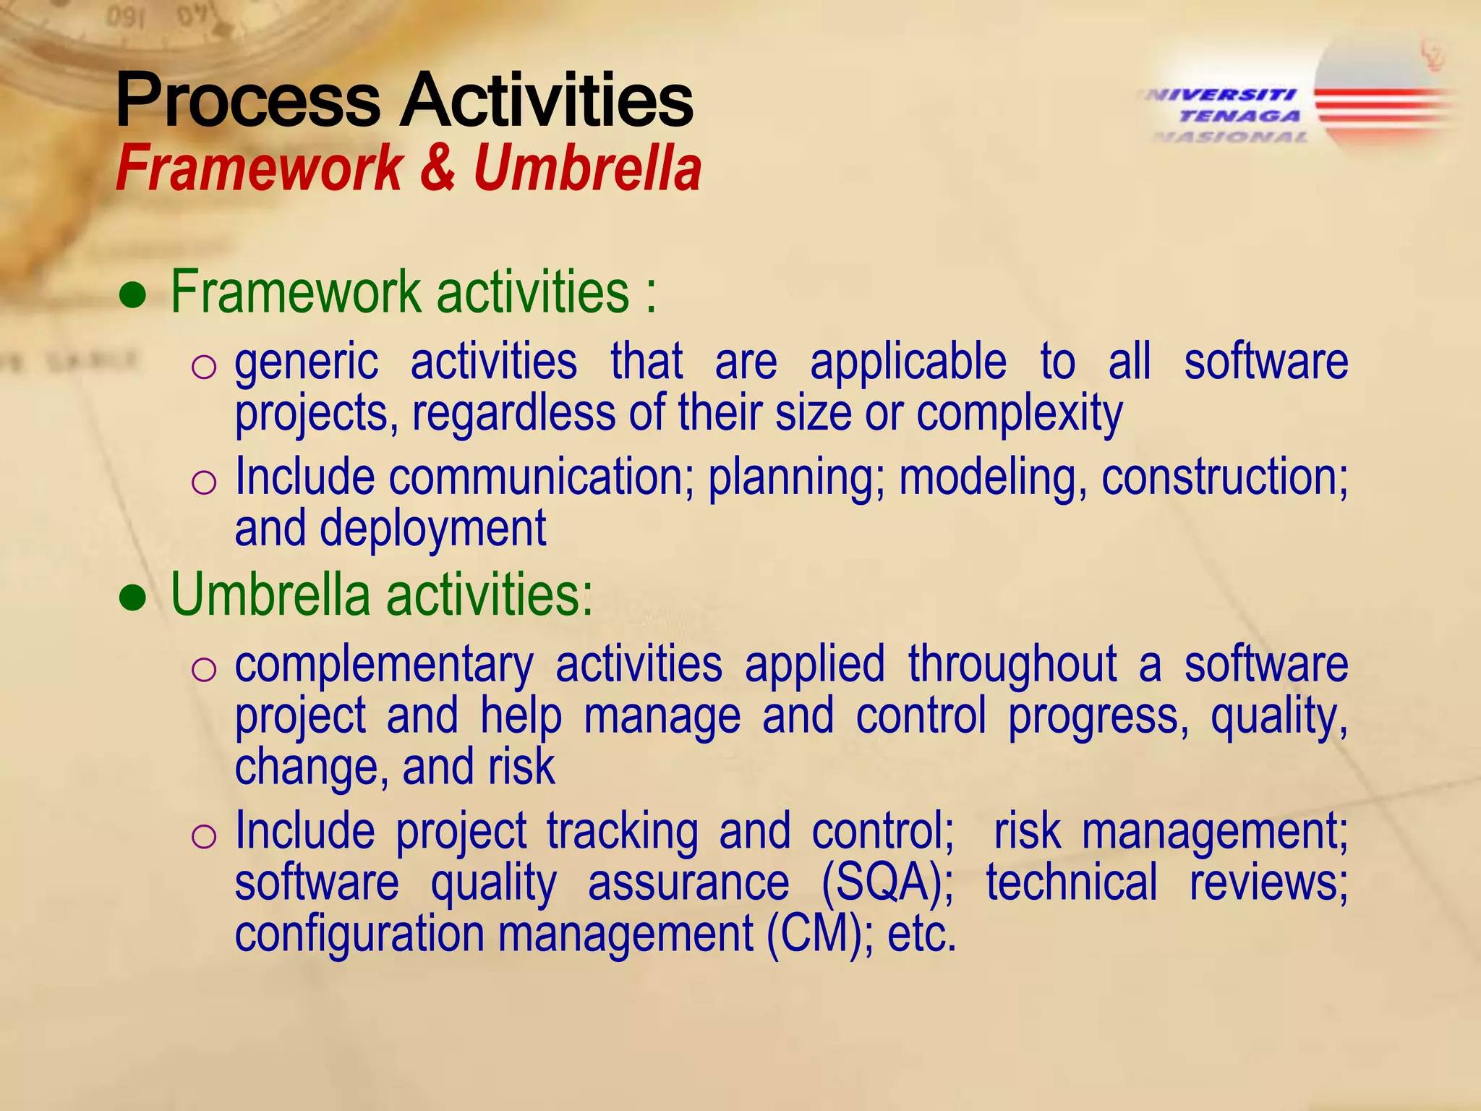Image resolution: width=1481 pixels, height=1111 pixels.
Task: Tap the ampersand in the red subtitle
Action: click(x=437, y=168)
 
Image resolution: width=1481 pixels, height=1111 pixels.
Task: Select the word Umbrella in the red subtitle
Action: click(x=587, y=168)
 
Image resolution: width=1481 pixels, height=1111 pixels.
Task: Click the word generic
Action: click(x=307, y=363)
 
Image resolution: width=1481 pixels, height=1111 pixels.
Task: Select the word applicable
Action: click(x=908, y=363)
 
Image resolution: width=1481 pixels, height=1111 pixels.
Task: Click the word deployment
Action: click(x=432, y=530)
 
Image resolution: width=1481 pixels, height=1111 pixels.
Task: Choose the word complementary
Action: click(x=384, y=666)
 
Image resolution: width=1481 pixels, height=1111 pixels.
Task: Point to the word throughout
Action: click(x=1012, y=666)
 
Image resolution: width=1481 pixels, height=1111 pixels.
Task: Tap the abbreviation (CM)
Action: click(x=814, y=935)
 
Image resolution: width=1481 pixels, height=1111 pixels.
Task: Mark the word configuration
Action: click(x=359, y=935)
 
